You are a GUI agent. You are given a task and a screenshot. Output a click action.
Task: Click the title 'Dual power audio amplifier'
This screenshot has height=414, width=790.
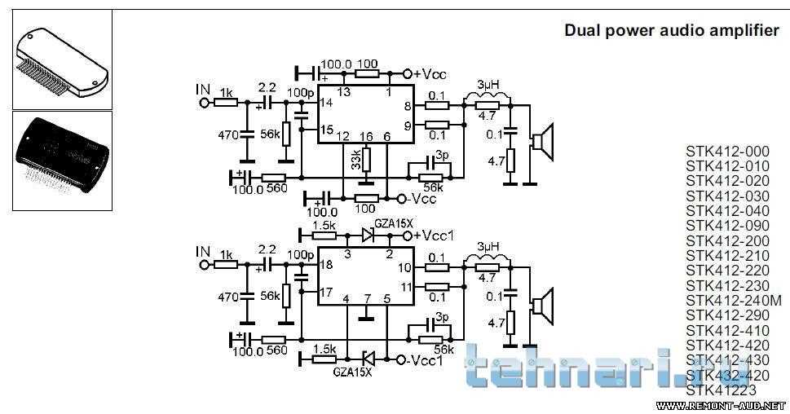[671, 30]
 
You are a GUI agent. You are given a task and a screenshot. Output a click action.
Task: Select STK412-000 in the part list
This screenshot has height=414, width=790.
[726, 152]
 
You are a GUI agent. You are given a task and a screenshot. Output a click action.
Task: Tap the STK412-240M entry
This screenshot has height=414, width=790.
[733, 301]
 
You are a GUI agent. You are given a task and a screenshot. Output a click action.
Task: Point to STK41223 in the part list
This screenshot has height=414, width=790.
[721, 390]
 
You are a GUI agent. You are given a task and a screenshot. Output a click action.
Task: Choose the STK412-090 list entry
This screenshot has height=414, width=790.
[726, 226]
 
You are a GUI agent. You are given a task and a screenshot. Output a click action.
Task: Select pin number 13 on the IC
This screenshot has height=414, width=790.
[343, 92]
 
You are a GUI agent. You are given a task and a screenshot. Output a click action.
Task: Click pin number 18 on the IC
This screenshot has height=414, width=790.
[326, 266]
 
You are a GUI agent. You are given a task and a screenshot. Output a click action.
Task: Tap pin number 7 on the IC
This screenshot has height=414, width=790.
[367, 299]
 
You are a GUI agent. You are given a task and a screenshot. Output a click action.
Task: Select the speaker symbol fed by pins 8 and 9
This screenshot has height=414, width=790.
[541, 141]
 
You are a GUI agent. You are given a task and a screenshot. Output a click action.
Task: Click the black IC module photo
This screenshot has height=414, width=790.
[62, 161]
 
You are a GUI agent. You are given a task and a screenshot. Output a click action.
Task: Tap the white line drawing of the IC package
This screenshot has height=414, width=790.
[62, 62]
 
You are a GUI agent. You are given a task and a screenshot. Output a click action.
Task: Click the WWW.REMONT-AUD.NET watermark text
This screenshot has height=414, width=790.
[720, 405]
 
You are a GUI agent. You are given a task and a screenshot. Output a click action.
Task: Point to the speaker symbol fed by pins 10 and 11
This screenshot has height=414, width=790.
[541, 305]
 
